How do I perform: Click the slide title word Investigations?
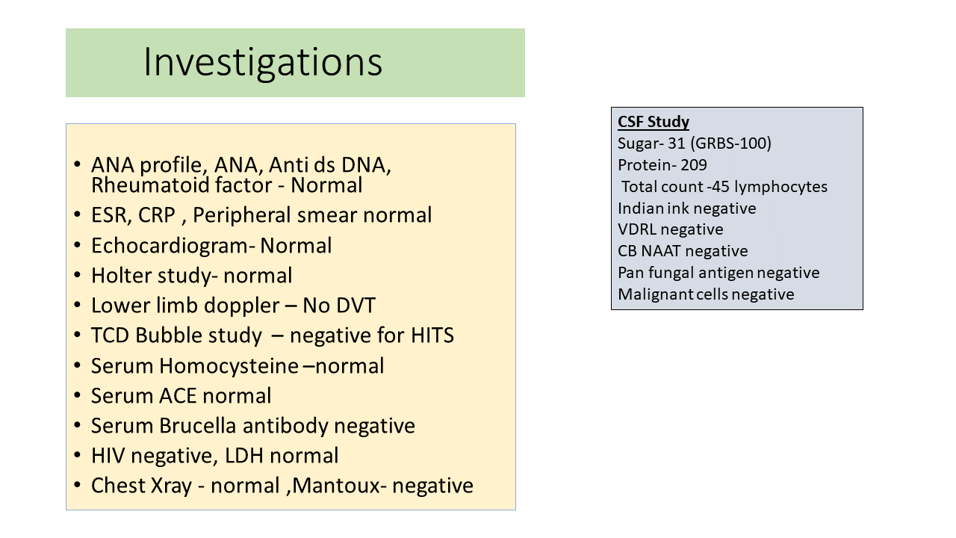[263, 63]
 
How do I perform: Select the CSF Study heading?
[654, 122]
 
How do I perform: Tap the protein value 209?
[694, 165]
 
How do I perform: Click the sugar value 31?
[677, 143]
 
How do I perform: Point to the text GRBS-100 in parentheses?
[733, 143]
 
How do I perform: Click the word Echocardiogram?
[170, 246]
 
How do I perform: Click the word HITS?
[432, 336]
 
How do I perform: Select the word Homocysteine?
[229, 366]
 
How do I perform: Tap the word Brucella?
[198, 426]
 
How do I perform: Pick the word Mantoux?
[336, 486]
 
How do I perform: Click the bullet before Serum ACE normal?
[77, 395]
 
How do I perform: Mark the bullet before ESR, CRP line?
[77, 214]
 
